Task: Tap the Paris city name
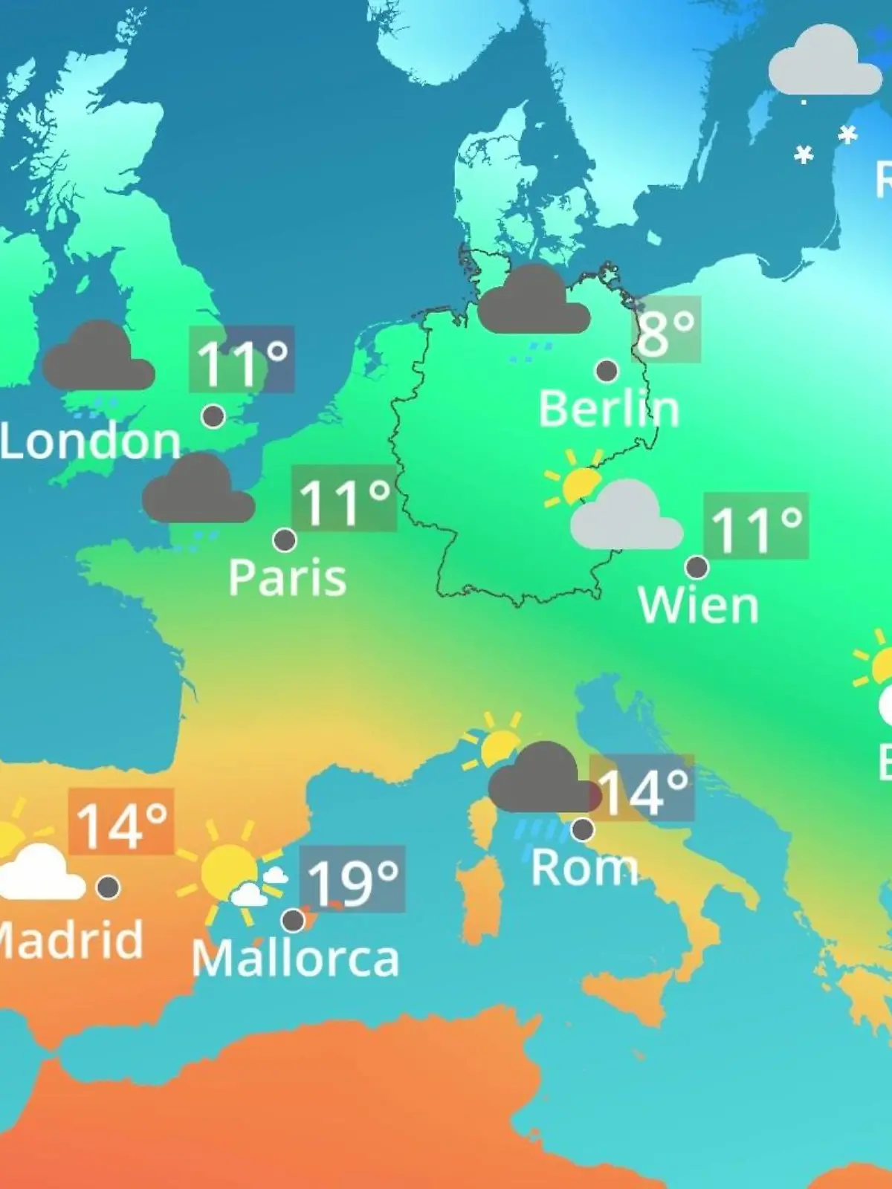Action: tap(287, 577)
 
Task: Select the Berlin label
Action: tap(609, 409)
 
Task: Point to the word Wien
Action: tap(699, 606)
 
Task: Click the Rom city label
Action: tap(585, 867)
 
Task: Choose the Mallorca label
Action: tap(296, 959)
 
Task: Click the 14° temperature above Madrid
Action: tap(121, 823)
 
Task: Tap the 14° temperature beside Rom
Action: tap(642, 789)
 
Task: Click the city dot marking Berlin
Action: tap(607, 370)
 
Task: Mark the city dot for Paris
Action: tap(285, 540)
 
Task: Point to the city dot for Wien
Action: tap(697, 567)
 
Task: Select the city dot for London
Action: tap(213, 416)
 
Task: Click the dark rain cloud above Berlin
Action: tap(534, 301)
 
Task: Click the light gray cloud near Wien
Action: tap(626, 516)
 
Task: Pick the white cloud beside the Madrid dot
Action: tap(42, 875)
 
